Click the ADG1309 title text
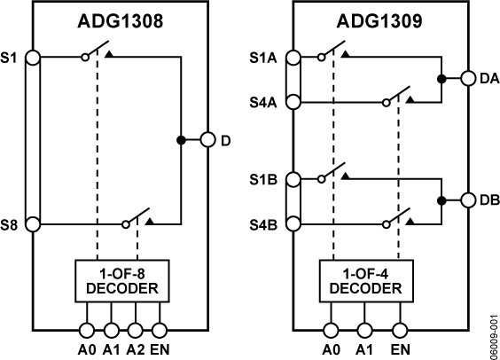point(379,20)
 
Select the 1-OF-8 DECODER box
point(118,281)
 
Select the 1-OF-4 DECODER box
point(364,281)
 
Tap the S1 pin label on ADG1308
point(11,57)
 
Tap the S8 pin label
point(11,224)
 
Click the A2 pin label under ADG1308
point(134,348)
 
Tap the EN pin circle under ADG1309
point(400,329)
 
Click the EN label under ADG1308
point(160,348)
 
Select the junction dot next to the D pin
point(181,140)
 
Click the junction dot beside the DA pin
point(441,79)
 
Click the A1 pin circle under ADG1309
point(364,329)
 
